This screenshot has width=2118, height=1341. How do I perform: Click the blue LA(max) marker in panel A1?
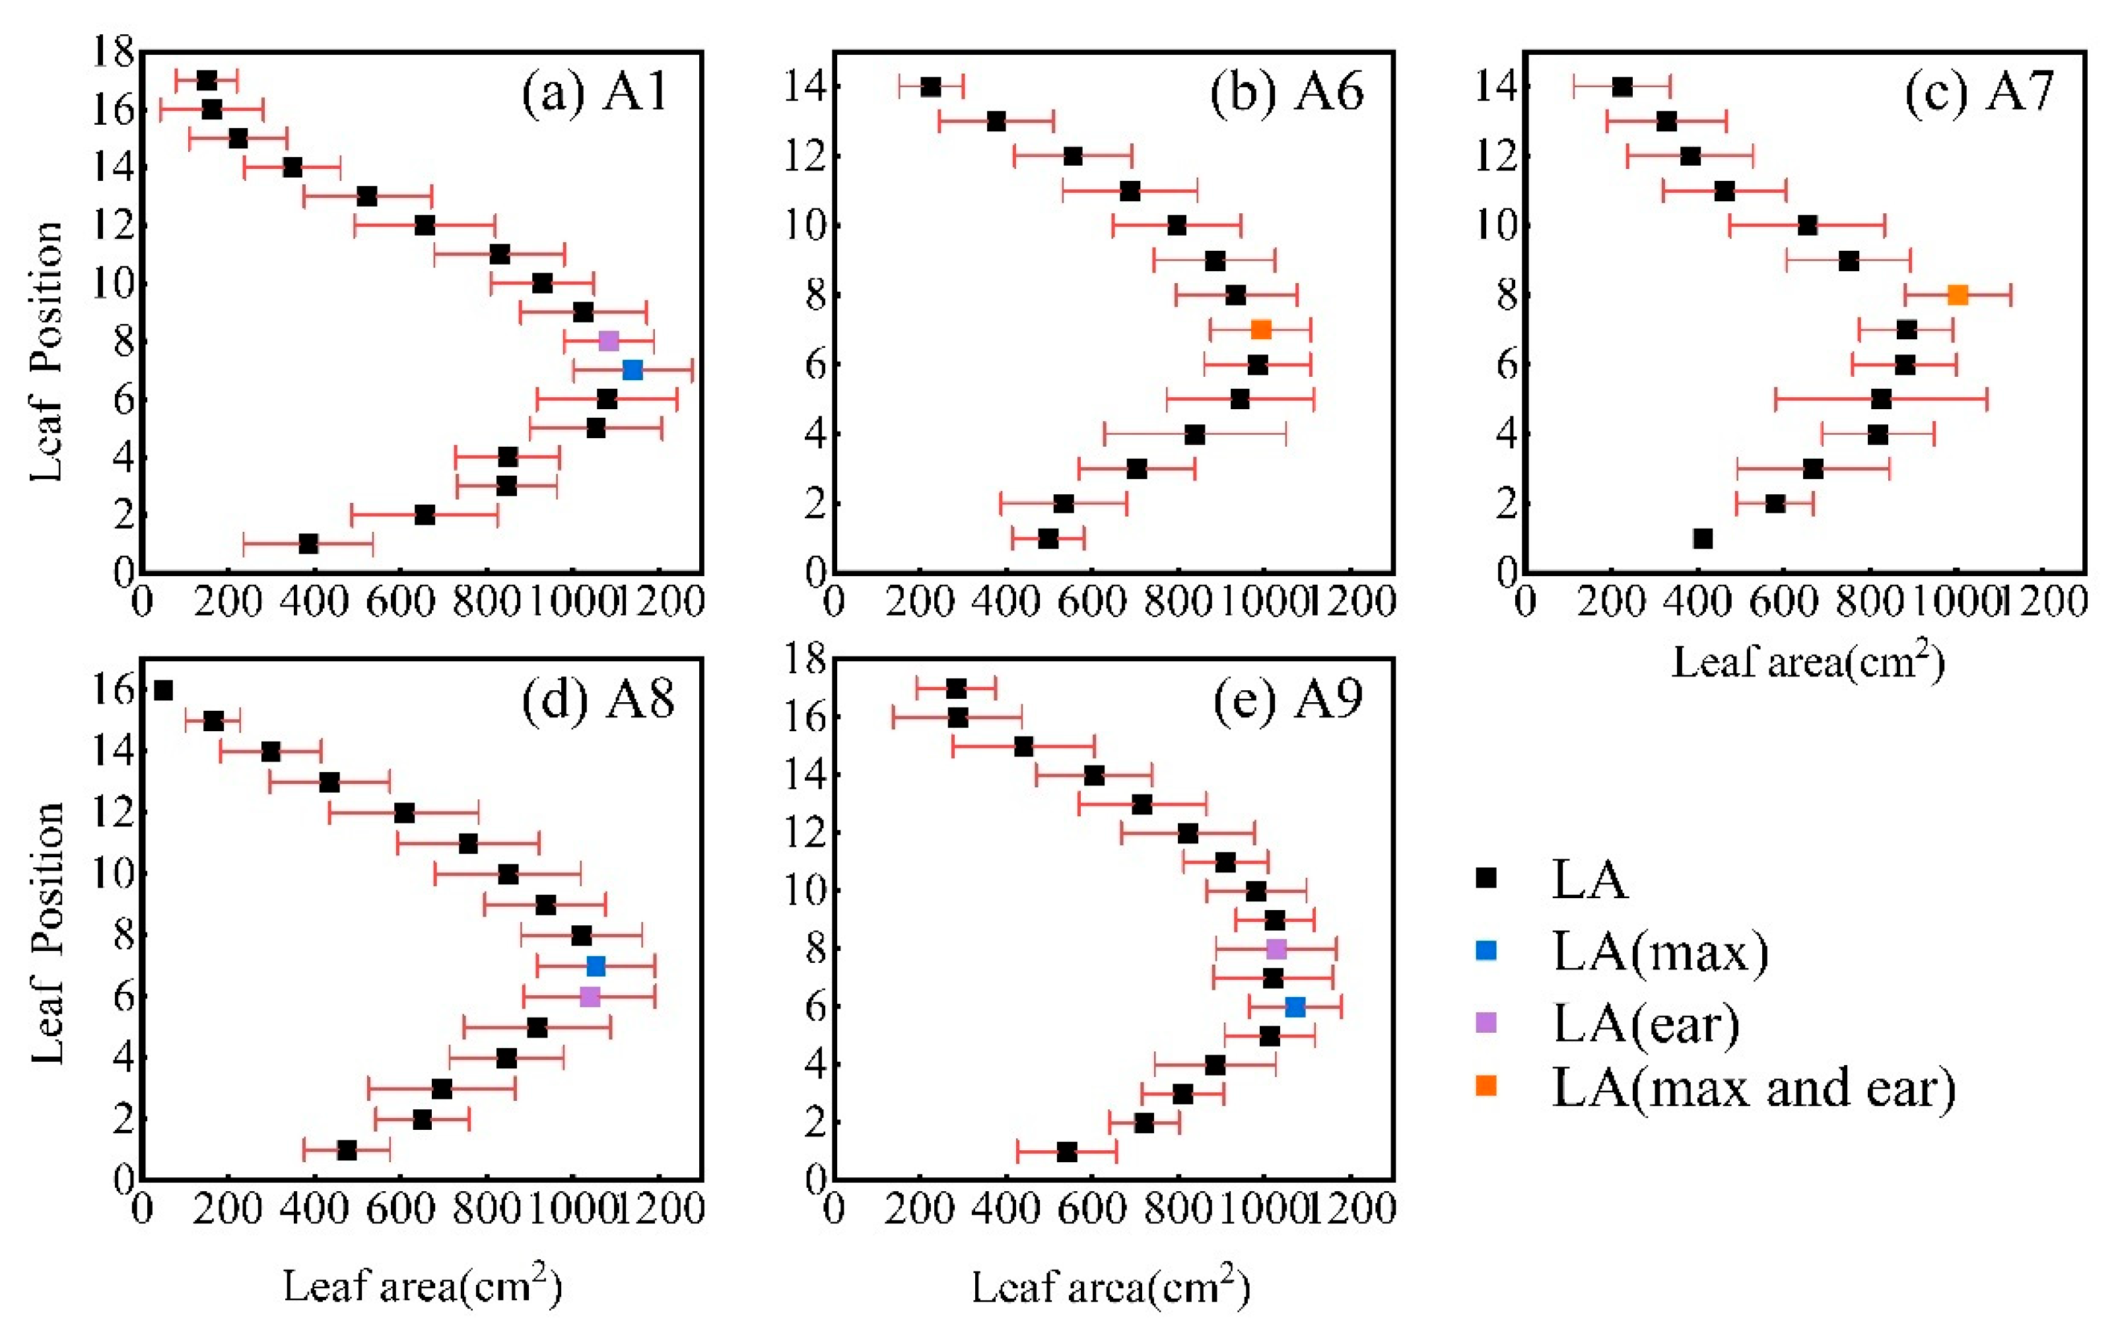coord(632,370)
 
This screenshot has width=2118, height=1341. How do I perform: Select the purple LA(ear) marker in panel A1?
coord(608,341)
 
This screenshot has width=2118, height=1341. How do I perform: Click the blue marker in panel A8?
coord(596,966)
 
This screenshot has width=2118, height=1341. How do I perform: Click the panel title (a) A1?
coord(596,92)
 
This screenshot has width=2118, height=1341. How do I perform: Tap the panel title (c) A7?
coord(1979,92)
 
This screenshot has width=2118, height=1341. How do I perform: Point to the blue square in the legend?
coord(1486,950)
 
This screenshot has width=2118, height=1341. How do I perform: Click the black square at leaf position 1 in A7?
coord(1703,538)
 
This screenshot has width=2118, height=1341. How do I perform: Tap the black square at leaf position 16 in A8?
coord(162,690)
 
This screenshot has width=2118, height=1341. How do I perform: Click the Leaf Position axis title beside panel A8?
coord(48,932)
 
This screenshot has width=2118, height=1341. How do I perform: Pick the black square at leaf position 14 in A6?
coord(930,87)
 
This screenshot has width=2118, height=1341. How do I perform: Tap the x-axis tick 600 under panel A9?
coord(1091,1211)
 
